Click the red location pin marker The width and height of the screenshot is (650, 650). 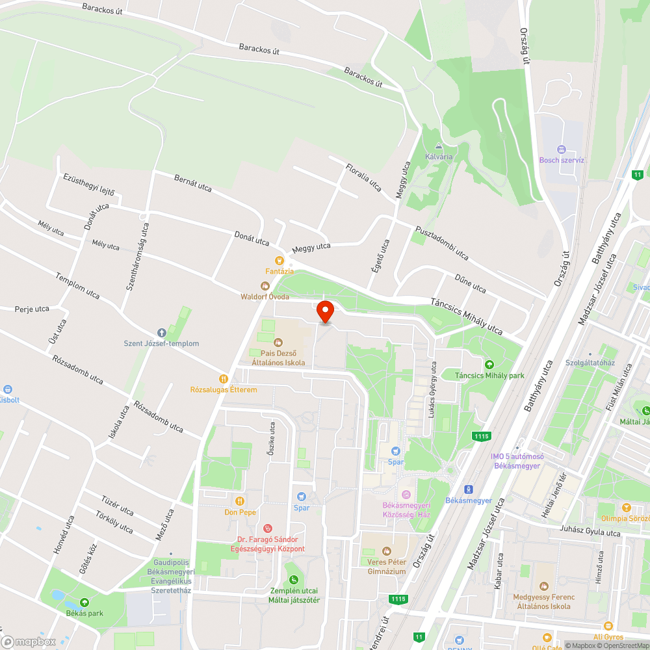point(324,311)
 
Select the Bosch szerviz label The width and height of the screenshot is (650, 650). point(562,160)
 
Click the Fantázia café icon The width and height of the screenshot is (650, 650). point(279,260)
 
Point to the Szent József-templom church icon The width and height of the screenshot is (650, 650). point(162,333)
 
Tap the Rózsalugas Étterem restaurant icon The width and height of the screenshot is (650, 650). point(224,378)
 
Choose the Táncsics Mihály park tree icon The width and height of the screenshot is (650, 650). point(489,365)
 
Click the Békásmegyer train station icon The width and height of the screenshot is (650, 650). point(468,489)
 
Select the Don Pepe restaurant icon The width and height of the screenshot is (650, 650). point(240,500)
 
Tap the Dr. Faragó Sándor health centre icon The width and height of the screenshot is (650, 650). point(267,528)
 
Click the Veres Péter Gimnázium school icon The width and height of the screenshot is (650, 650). point(386,551)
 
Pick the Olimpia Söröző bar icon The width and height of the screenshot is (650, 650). point(626,508)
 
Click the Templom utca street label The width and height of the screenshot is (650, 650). point(78,285)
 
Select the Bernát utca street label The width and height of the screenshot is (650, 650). point(193,183)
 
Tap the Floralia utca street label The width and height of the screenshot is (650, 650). point(364,177)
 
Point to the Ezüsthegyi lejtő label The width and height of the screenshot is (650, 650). point(89,185)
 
